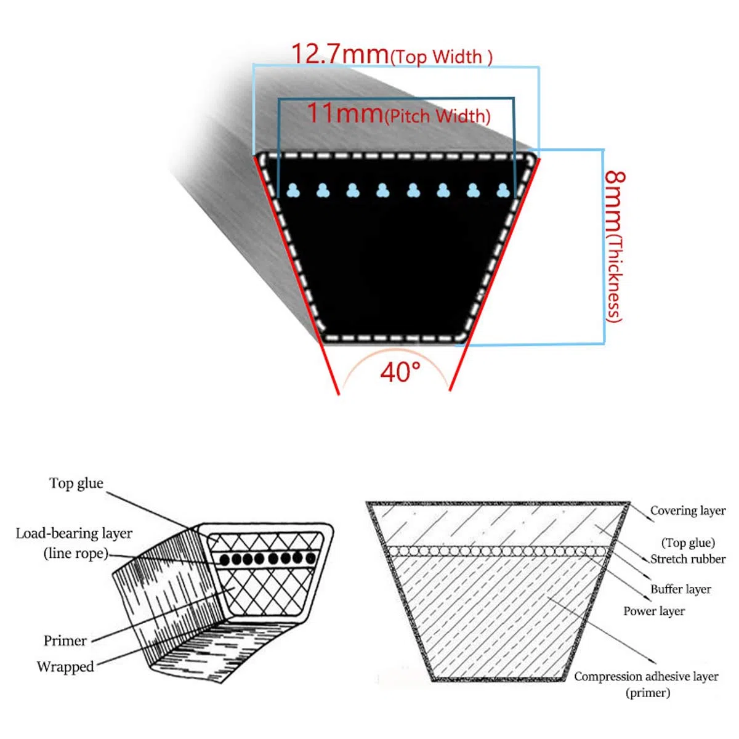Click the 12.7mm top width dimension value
point(340,54)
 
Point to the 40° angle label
point(400,371)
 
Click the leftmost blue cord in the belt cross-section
point(293,190)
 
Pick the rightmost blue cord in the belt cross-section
point(503,190)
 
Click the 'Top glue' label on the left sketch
point(76,483)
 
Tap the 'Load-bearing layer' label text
point(74,533)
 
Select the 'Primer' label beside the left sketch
point(65,640)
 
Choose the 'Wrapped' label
point(65,666)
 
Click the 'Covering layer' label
point(688,511)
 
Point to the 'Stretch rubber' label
point(688,559)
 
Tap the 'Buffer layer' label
point(680,589)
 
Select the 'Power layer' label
point(654,611)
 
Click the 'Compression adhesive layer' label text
point(646,676)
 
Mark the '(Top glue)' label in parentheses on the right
point(688,543)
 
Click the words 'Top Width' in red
point(442,57)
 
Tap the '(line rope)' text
point(76,554)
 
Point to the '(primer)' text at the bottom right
point(648,693)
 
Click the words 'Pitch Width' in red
point(438,116)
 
